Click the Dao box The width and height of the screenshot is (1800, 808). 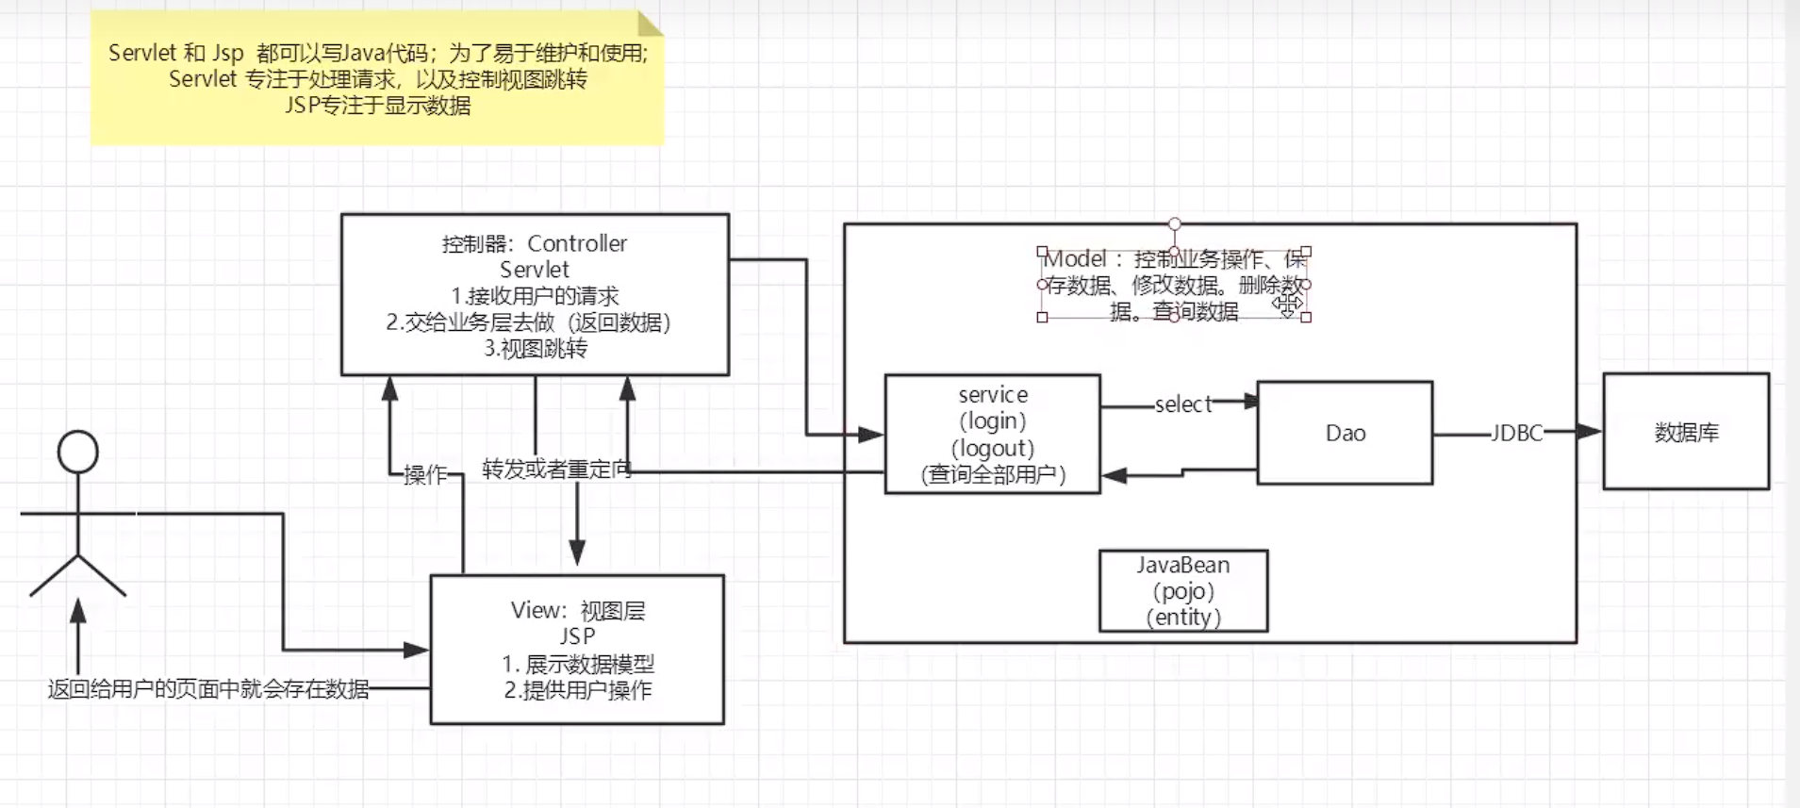1345,433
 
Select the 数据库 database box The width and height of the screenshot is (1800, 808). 1686,432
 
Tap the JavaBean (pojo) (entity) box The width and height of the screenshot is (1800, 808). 1183,591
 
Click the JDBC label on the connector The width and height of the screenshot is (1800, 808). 1516,433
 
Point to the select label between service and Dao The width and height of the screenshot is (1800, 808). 1182,404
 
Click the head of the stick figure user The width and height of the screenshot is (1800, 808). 77,452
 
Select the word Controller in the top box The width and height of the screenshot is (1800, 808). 577,243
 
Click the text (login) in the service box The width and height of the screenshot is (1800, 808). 993,420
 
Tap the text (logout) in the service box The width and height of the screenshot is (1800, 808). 993,448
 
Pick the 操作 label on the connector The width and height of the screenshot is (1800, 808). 425,474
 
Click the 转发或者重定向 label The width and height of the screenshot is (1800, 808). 556,469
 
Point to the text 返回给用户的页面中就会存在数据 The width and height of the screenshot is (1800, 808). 208,689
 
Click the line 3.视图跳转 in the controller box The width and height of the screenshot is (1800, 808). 535,349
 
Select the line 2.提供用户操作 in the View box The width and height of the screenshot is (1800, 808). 577,690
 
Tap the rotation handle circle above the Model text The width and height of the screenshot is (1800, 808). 1174,223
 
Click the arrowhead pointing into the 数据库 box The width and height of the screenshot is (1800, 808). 1590,432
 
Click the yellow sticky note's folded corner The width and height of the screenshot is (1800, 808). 650,24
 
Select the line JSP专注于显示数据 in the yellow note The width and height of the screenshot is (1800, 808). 377,106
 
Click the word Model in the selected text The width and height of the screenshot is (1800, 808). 1076,259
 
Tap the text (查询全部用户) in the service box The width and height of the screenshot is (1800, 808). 993,474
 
